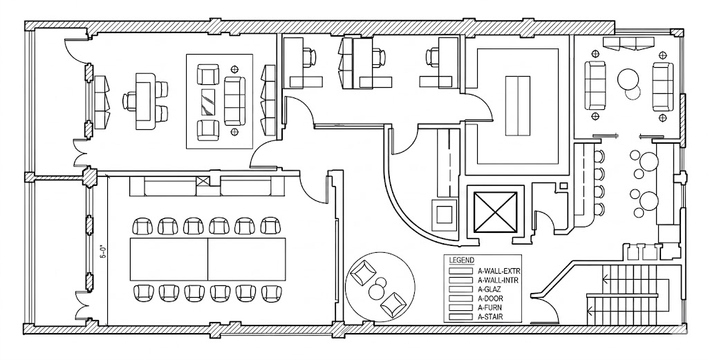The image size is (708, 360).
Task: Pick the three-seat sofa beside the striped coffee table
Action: point(235,101)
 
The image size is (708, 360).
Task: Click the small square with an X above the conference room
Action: point(203,182)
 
